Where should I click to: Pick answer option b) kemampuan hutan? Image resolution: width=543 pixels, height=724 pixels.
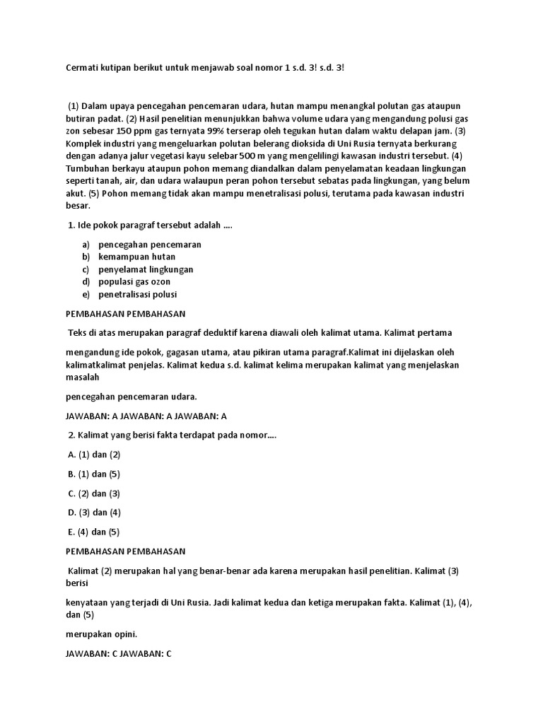click(x=136, y=257)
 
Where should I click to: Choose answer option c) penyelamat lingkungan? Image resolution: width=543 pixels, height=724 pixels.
click(x=146, y=269)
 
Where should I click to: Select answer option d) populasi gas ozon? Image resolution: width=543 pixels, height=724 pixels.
click(x=134, y=281)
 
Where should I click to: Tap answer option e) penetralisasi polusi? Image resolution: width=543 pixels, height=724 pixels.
click(x=137, y=294)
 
